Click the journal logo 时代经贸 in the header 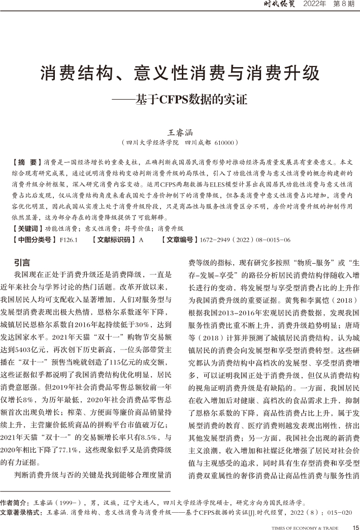(280, 6)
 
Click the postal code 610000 (223, 143)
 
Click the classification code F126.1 (68, 239)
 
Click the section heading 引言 (22, 263)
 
